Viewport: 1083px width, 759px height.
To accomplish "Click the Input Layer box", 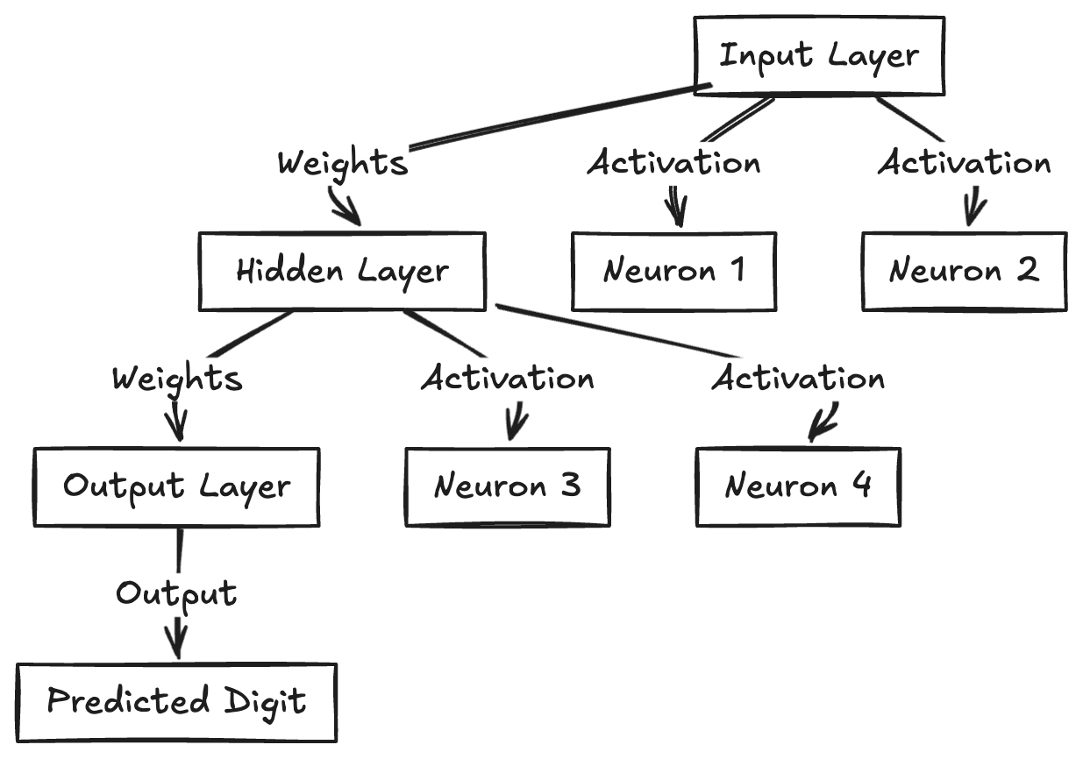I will [x=819, y=55].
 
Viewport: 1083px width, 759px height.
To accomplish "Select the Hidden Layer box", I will [x=342, y=271].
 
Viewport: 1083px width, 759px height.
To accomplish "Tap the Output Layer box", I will [x=176, y=486].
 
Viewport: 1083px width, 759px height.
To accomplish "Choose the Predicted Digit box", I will [x=176, y=702].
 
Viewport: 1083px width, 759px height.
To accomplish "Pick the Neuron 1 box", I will [x=673, y=271].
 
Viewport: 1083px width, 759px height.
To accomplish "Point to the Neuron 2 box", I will [x=964, y=271].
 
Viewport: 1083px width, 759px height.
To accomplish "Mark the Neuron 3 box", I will [x=507, y=486].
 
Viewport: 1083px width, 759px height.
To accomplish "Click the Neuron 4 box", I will [x=798, y=486].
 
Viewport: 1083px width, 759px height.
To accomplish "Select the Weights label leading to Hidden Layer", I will [x=343, y=163].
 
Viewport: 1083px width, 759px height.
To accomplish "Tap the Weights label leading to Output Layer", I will [x=177, y=379].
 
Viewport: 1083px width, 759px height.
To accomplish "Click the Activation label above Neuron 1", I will [x=673, y=163].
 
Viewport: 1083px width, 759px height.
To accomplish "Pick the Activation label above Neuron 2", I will [x=964, y=163].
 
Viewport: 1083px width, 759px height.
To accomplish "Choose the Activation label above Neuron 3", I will [x=507, y=379].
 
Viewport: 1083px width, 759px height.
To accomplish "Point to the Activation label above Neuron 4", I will [x=798, y=379].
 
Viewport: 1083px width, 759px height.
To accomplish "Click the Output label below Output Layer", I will [x=176, y=594].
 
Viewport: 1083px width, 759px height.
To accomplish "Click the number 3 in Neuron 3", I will [x=569, y=486].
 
